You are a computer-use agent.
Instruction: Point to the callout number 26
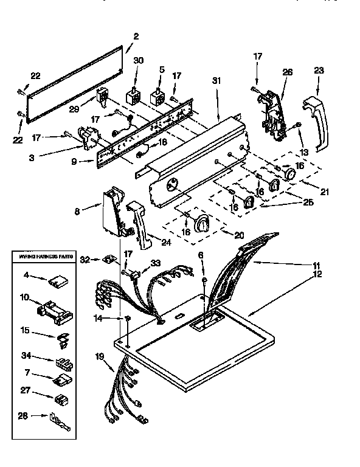(288, 72)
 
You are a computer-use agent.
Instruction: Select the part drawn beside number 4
(59, 281)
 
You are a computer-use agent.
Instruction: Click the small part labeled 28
(58, 420)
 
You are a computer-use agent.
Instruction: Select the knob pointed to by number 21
(291, 176)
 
